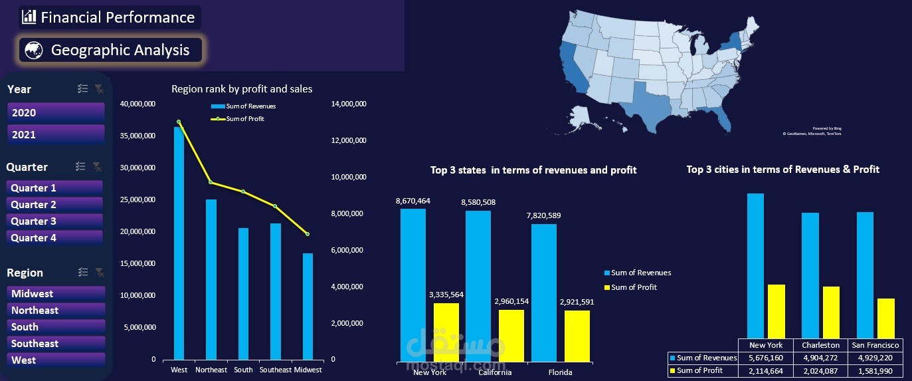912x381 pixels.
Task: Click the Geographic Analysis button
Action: click(110, 50)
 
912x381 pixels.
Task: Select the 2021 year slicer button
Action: click(56, 134)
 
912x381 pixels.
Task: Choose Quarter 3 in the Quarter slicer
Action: click(54, 221)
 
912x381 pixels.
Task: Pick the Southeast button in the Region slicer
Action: click(56, 344)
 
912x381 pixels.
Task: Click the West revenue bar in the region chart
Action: click(179, 246)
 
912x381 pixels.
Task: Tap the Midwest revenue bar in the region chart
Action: click(308, 306)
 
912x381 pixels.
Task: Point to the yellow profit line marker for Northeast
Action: click(211, 182)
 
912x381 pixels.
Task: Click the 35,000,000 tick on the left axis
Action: click(138, 136)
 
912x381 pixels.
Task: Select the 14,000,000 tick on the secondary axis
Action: click(348, 104)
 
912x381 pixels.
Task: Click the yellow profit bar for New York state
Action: click(446, 332)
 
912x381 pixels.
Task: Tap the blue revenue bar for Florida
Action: click(544, 293)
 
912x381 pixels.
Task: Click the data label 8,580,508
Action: click(478, 202)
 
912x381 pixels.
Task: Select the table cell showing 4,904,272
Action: click(820, 358)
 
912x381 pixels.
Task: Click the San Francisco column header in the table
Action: click(875, 345)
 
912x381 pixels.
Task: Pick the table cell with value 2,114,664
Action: click(766, 370)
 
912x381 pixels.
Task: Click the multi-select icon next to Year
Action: click(82, 89)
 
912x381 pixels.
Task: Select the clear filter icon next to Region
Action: click(99, 272)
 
